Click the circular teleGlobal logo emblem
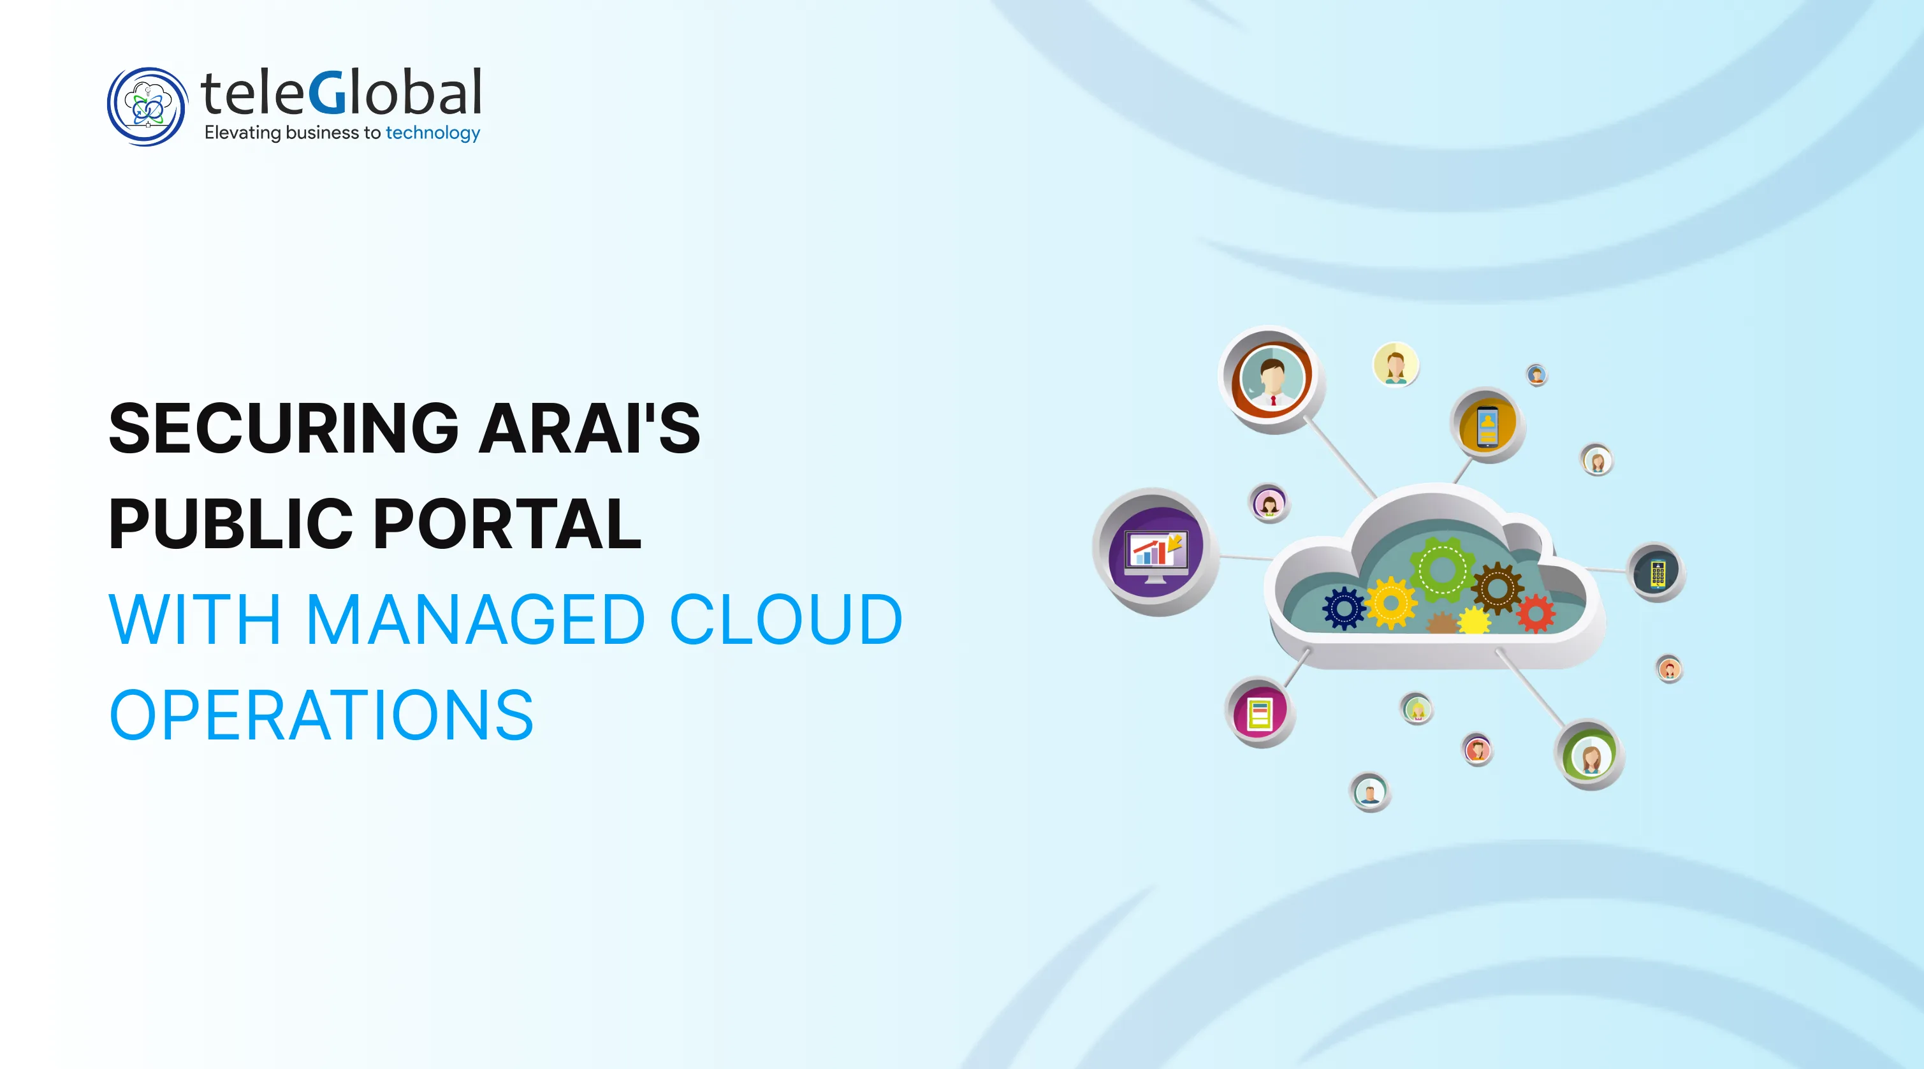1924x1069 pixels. click(147, 107)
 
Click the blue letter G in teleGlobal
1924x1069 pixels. click(326, 93)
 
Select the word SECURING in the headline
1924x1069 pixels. click(284, 429)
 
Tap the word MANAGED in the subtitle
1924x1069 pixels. click(475, 620)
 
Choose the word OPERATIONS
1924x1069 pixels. click(322, 715)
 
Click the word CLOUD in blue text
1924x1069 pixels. click(786, 620)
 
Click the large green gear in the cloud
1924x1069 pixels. click(1441, 570)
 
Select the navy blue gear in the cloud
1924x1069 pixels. click(1344, 608)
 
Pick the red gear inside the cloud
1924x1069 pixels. click(1535, 613)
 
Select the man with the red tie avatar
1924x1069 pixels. click(1272, 378)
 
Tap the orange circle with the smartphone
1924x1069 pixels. click(1487, 426)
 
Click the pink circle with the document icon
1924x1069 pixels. click(1260, 713)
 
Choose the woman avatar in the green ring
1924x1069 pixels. click(1590, 756)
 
